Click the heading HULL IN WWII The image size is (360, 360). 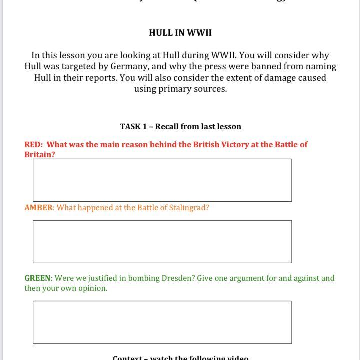[x=180, y=33]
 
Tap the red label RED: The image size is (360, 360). [x=33, y=145]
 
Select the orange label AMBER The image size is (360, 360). [x=38, y=208]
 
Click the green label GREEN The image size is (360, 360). [x=37, y=278]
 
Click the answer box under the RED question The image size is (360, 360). [x=162, y=180]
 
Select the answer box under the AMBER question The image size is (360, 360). [x=162, y=242]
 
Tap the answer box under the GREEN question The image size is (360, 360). [x=162, y=322]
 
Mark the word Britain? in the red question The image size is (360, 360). [x=40, y=155]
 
